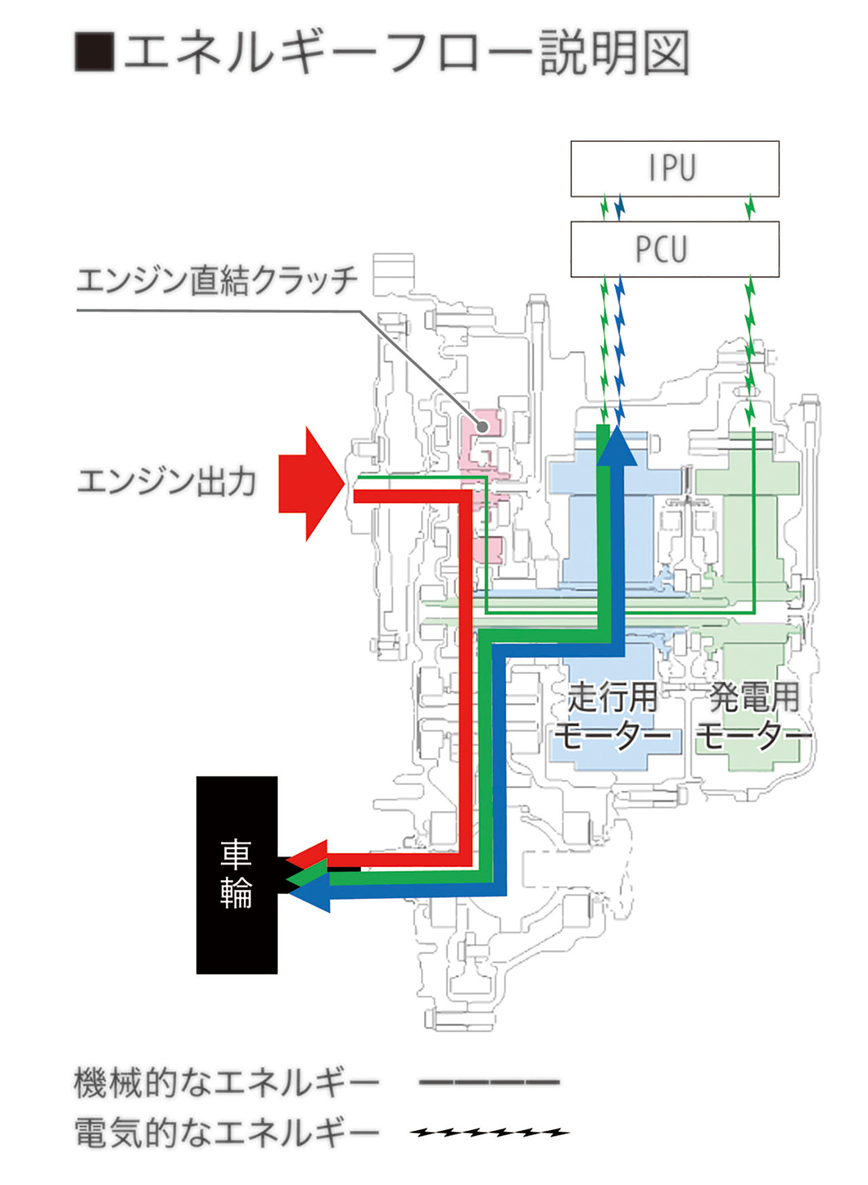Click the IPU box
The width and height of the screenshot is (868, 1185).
pyautogui.click(x=675, y=169)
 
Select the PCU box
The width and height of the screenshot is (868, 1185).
pyautogui.click(x=675, y=249)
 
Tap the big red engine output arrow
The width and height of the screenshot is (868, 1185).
pyautogui.click(x=311, y=484)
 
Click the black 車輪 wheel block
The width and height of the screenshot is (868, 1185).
pyautogui.click(x=237, y=875)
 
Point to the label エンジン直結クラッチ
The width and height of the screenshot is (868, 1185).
pyautogui.click(x=216, y=280)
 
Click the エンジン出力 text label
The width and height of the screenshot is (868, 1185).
pyautogui.click(x=167, y=482)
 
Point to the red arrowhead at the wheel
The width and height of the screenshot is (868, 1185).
pyautogui.click(x=309, y=854)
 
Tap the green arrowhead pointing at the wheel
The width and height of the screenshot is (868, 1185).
pyautogui.click(x=307, y=876)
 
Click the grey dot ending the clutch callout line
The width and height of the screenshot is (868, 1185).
pyautogui.click(x=482, y=427)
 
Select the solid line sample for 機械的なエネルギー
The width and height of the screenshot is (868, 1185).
pyautogui.click(x=490, y=1082)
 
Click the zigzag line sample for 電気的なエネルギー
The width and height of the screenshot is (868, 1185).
pyautogui.click(x=490, y=1132)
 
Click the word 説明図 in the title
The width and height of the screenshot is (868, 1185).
pyautogui.click(x=615, y=52)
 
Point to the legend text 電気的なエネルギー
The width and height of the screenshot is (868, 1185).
pyautogui.click(x=226, y=1133)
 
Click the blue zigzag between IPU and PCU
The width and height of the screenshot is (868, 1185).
pyautogui.click(x=619, y=208)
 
